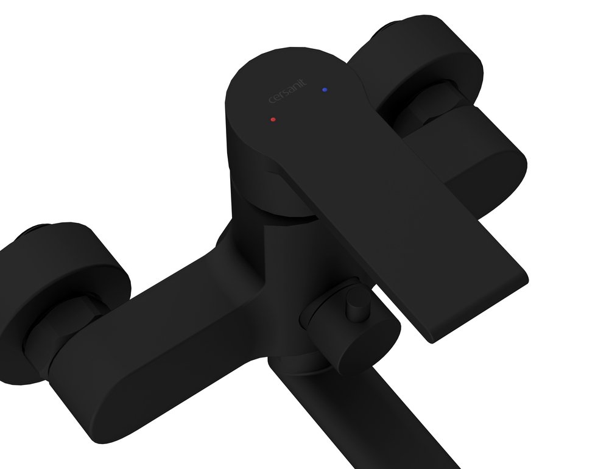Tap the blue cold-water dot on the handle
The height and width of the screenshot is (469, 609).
point(325,90)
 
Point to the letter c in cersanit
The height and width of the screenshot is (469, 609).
point(273,102)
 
